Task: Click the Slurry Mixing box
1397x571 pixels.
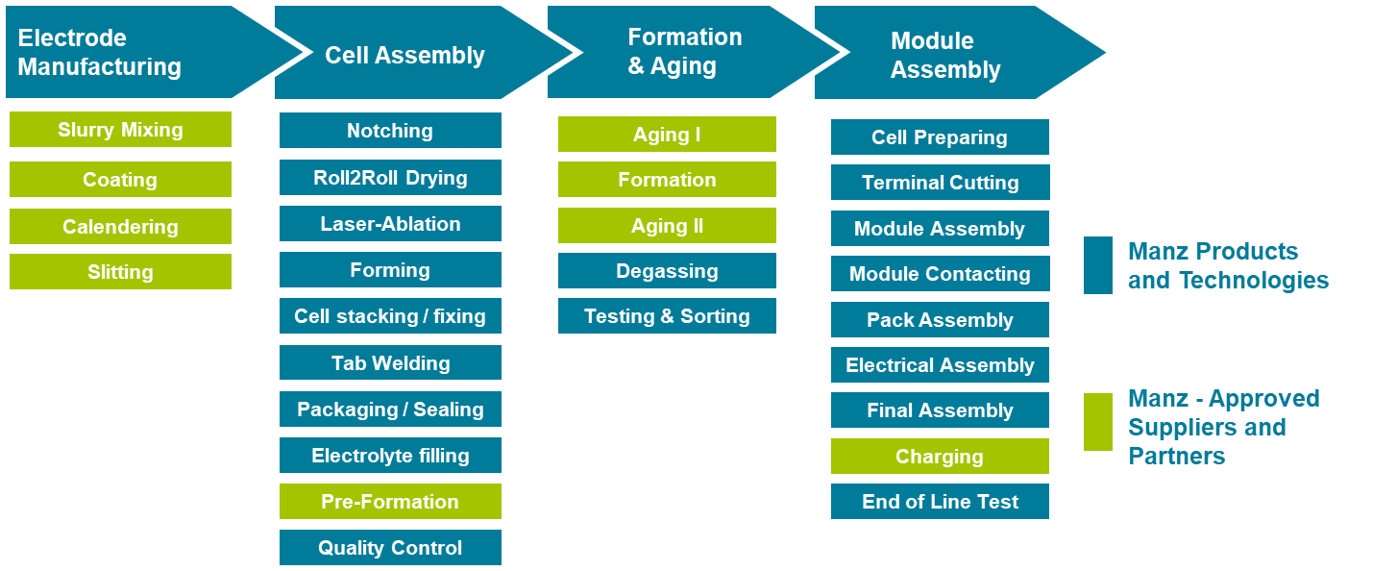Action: (x=120, y=129)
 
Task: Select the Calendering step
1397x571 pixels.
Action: (x=120, y=226)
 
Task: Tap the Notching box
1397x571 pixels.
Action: (x=390, y=130)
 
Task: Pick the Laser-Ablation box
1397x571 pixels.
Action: (x=390, y=223)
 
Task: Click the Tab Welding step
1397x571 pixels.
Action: (x=390, y=362)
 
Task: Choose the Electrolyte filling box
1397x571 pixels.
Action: (x=390, y=455)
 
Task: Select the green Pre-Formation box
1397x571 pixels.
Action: (x=390, y=501)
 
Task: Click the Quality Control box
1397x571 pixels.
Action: (x=390, y=547)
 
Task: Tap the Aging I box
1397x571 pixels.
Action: (x=668, y=134)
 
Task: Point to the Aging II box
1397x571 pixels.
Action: (x=668, y=225)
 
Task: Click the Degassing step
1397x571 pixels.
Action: (x=668, y=270)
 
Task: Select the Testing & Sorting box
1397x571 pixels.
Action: (x=668, y=315)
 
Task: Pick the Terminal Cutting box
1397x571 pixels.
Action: (x=941, y=183)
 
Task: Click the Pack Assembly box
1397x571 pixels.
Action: (x=941, y=319)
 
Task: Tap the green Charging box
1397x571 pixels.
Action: (x=941, y=457)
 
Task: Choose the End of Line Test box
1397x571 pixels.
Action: (x=941, y=501)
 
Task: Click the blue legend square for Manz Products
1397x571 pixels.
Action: (x=1098, y=265)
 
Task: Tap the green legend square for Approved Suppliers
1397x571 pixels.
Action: (x=1098, y=422)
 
